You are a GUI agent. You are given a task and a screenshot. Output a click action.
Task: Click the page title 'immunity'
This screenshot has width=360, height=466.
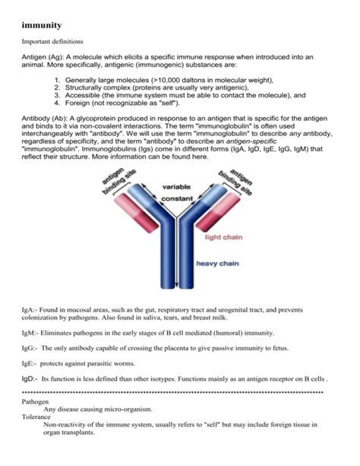click(x=42, y=25)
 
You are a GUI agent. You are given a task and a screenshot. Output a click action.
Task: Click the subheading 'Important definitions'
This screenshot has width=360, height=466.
click(x=52, y=41)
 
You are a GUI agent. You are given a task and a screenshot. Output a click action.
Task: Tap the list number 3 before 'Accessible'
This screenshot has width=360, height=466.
click(x=57, y=95)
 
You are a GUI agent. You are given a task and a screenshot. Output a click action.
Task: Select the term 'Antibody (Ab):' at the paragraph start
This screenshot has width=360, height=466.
click(x=45, y=119)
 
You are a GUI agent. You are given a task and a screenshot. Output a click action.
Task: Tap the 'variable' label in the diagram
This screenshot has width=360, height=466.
click(x=176, y=187)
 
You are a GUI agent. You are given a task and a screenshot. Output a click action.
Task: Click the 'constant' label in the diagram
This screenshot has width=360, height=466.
click(x=177, y=198)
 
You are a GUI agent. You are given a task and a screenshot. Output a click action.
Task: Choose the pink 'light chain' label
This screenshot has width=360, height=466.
click(x=223, y=237)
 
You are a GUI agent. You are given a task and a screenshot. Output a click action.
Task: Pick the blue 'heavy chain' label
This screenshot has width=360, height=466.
click(x=217, y=264)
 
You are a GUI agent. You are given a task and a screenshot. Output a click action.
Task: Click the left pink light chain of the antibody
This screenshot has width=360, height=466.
click(x=137, y=213)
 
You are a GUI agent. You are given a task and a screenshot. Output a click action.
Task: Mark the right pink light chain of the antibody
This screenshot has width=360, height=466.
click(x=218, y=212)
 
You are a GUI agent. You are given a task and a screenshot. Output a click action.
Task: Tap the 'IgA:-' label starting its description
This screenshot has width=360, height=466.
click(x=30, y=310)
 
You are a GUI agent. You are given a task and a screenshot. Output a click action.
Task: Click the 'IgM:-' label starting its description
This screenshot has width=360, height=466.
click(x=30, y=333)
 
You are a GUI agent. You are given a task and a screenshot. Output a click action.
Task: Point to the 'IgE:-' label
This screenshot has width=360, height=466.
click(x=29, y=364)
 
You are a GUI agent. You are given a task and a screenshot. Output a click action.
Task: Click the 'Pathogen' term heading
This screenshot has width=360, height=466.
click(x=35, y=402)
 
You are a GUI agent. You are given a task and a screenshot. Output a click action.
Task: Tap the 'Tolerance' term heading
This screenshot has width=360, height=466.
click(x=36, y=417)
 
